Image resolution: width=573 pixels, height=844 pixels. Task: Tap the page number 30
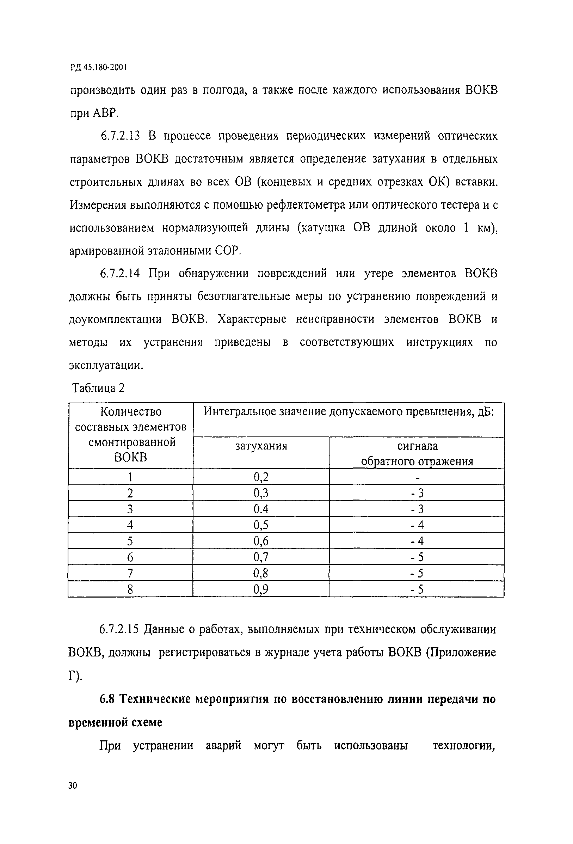coord(73,786)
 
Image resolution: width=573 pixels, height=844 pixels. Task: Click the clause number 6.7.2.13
coord(119,136)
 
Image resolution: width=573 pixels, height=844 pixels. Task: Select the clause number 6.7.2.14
coord(119,273)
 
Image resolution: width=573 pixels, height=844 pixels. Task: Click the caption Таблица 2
coord(98,388)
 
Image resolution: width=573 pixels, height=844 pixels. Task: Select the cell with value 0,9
coord(261,589)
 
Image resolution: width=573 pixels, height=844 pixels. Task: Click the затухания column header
coord(261,446)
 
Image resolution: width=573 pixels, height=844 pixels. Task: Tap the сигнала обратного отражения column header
coord(417,454)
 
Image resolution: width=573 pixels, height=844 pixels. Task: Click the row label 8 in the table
coord(130,589)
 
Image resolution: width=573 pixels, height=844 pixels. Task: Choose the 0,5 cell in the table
coord(261,525)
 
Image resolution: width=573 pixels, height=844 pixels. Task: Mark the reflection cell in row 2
coord(417,493)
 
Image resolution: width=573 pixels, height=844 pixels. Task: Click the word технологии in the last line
coord(464,746)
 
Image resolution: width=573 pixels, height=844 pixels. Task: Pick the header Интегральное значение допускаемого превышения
coord(349,412)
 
